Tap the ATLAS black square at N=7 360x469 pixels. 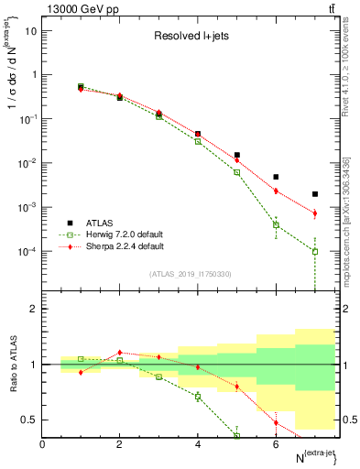click(x=314, y=194)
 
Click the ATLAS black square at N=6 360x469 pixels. click(x=276, y=177)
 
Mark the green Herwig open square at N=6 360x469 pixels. click(x=276, y=224)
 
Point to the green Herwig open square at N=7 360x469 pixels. click(x=314, y=251)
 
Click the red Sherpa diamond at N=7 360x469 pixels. click(x=314, y=213)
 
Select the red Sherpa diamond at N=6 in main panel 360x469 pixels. click(x=276, y=191)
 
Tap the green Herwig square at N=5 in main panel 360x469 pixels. click(x=236, y=172)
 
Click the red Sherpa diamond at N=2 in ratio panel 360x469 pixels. click(x=119, y=352)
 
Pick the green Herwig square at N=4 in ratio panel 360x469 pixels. click(x=198, y=396)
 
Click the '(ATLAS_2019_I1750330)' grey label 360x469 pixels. click(x=191, y=274)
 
